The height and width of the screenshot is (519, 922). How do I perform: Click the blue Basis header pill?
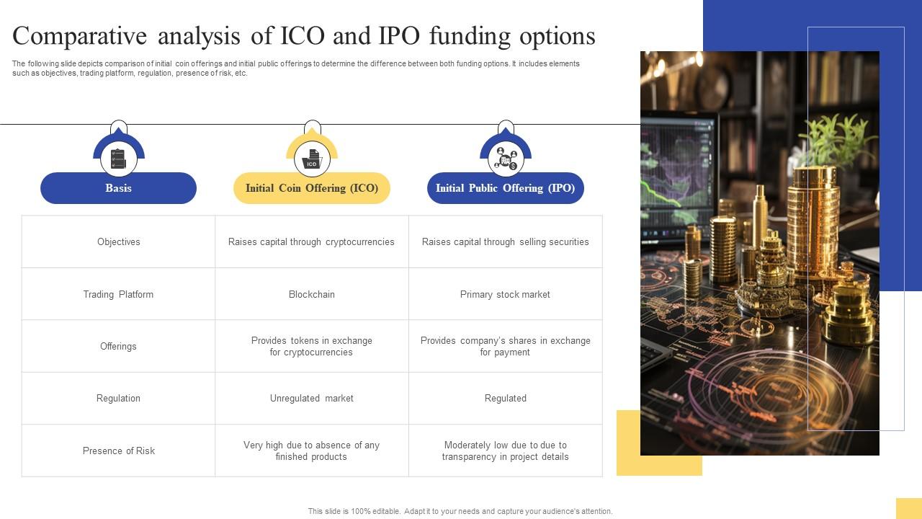(118, 188)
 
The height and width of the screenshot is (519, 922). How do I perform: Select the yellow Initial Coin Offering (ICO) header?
(311, 188)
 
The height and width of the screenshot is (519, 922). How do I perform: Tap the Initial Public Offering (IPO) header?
(505, 188)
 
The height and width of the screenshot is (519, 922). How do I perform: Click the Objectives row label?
(119, 242)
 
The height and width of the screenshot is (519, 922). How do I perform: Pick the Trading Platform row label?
(118, 294)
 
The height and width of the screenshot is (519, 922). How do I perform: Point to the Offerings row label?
(118, 347)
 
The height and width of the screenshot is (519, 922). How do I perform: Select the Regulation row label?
(118, 399)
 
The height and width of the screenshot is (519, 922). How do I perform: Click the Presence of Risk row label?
(119, 451)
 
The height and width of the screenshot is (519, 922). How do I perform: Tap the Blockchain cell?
(311, 294)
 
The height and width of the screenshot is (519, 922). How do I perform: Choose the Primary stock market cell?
(505, 294)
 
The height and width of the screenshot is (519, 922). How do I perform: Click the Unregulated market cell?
(311, 399)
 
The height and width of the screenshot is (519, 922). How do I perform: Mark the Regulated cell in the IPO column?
(505, 399)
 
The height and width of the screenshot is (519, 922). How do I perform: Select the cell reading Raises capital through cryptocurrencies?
(311, 242)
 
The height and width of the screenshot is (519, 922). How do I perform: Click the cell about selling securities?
(505, 242)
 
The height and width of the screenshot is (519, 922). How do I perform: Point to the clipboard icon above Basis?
(118, 159)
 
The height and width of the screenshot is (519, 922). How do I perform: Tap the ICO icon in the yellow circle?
(311, 159)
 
